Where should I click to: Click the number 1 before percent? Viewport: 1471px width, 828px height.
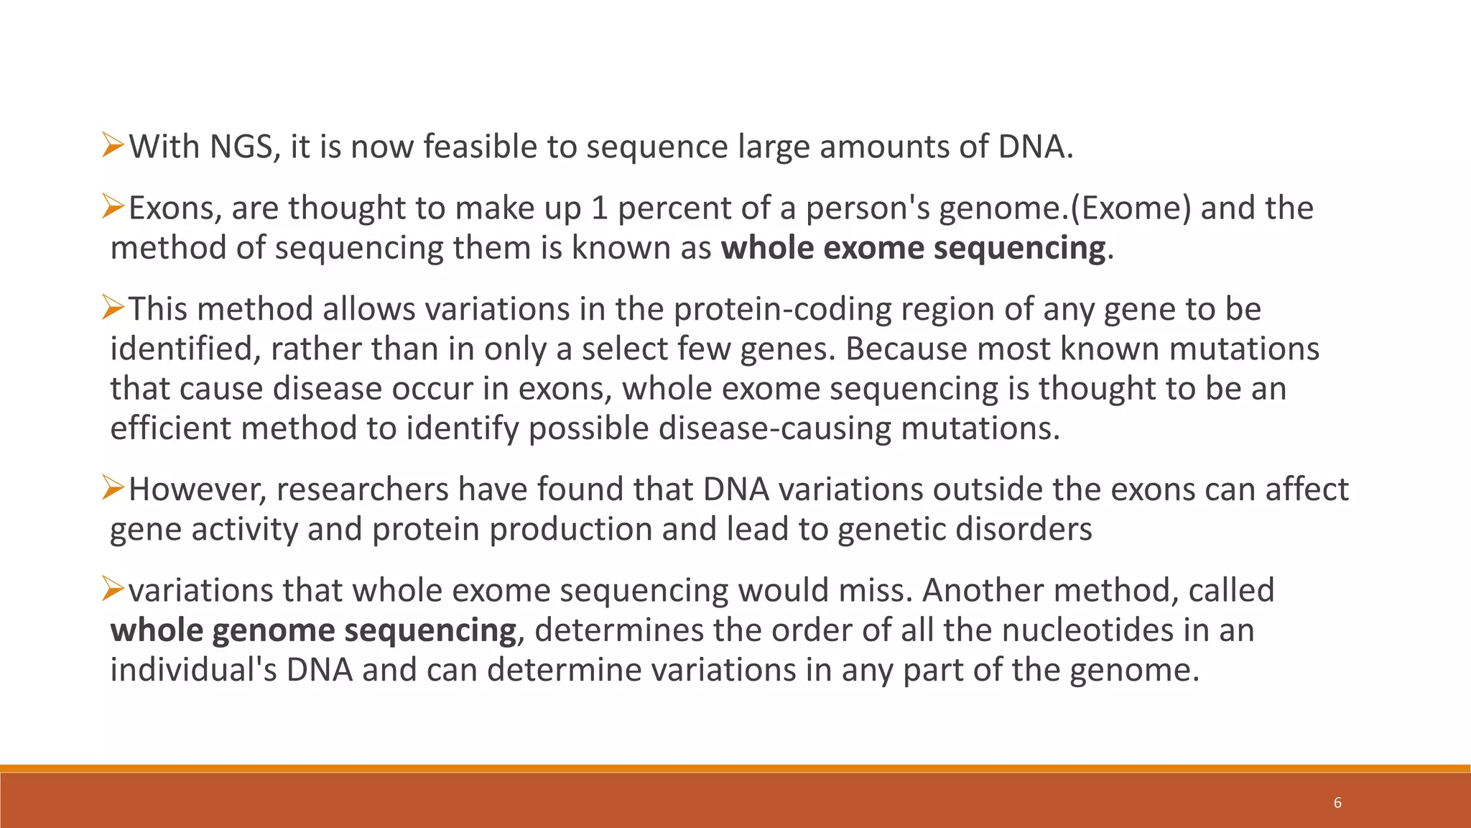tap(599, 208)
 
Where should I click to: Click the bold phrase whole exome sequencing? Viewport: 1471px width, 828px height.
tap(913, 248)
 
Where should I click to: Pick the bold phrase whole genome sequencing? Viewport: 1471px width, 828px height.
tap(313, 630)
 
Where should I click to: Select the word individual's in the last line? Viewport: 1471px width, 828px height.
tap(193, 670)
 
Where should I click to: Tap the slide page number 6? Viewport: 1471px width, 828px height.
tap(1337, 803)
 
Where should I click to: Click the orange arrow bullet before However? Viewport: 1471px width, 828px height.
tap(113, 488)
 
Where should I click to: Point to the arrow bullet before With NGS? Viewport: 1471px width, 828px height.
tap(113, 146)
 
